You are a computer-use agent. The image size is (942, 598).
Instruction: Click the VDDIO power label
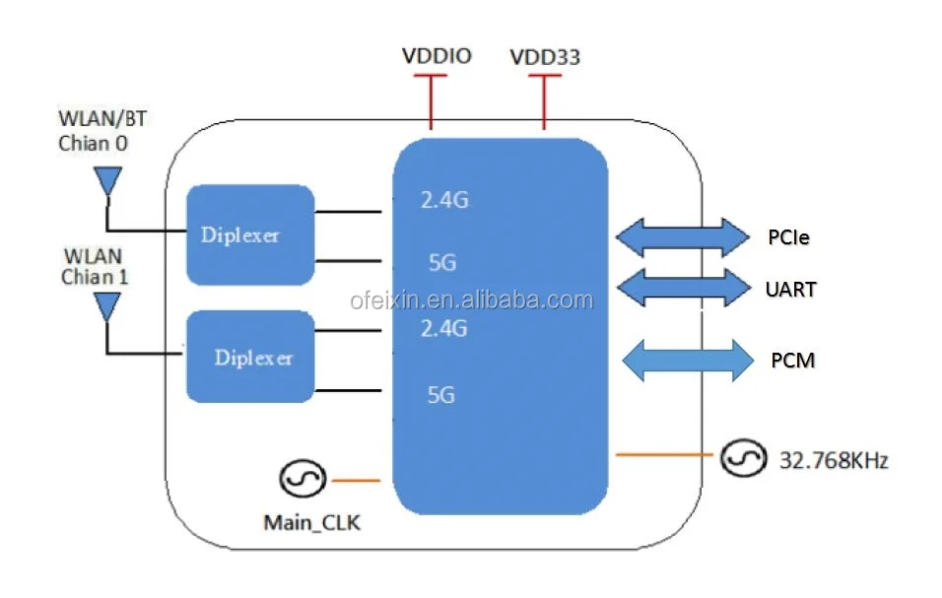pyautogui.click(x=437, y=55)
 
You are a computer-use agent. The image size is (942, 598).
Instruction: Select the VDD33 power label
pyautogui.click(x=545, y=57)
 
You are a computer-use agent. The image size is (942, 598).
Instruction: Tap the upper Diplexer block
pyautogui.click(x=250, y=234)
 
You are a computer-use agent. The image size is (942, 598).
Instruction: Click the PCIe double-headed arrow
pyautogui.click(x=683, y=236)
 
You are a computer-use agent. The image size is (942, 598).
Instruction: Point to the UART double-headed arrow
pyautogui.click(x=683, y=288)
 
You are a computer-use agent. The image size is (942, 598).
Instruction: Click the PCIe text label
pyautogui.click(x=788, y=237)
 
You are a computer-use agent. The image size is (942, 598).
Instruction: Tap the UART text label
pyautogui.click(x=790, y=290)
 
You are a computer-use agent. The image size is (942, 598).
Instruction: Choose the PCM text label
pyautogui.click(x=792, y=361)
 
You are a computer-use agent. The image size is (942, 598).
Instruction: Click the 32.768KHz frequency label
pyautogui.click(x=834, y=459)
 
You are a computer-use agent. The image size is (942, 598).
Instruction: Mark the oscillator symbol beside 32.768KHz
pyautogui.click(x=740, y=457)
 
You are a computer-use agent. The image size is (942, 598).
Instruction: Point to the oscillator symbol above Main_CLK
pyautogui.click(x=300, y=480)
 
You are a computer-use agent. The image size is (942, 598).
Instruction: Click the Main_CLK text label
pyautogui.click(x=311, y=523)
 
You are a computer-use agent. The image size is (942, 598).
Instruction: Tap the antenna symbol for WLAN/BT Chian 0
pyautogui.click(x=106, y=182)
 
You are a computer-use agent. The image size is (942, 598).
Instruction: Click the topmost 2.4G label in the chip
pyautogui.click(x=444, y=201)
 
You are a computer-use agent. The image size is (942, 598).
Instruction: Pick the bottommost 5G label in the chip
pyautogui.click(x=440, y=395)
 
